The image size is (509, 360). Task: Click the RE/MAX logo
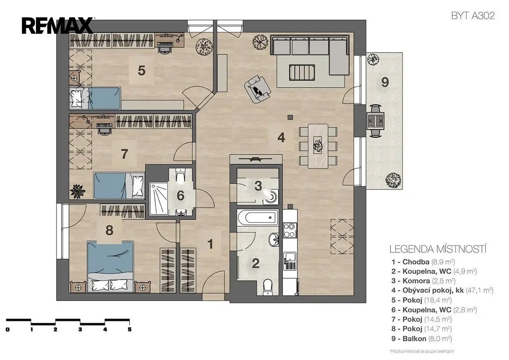pos(58,26)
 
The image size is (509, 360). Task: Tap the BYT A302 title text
pos(473,16)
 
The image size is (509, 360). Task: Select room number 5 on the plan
pos(141,70)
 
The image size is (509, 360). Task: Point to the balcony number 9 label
pos(385,82)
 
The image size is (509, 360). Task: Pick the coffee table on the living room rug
pos(302,72)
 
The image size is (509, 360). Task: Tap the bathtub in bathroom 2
pos(257,217)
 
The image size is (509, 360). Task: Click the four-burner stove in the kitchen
pos(290,230)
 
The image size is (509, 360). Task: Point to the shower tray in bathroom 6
pos(159,199)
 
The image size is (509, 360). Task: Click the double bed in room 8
pos(110,267)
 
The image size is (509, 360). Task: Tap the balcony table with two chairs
pos(375,121)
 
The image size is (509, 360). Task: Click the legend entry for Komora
pos(423,281)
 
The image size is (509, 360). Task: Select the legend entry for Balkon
pos(422,339)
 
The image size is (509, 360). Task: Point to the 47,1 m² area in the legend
pos(479,290)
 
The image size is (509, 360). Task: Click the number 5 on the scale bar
pos(129,329)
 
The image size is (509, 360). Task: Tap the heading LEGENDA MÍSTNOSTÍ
pos(438,249)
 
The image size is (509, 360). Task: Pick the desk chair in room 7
pos(105,128)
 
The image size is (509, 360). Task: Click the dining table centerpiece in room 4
pos(318,145)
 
